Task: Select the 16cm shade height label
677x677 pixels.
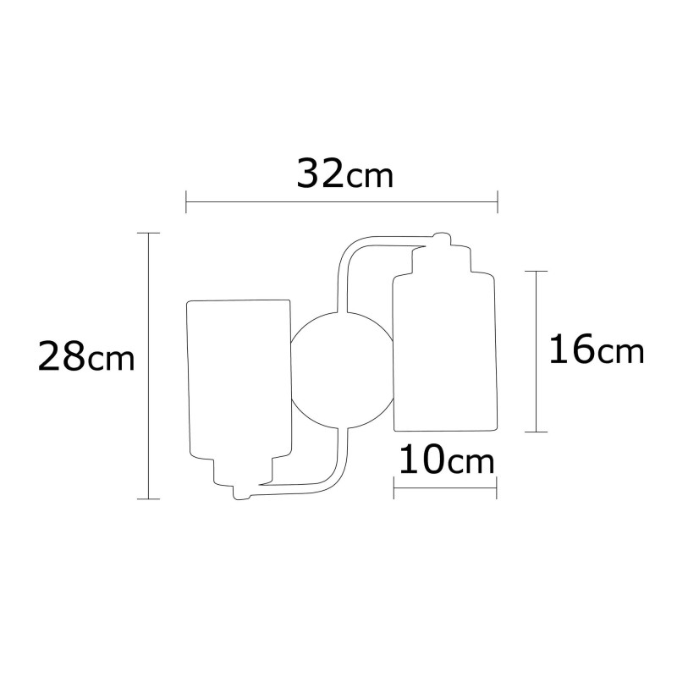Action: click(596, 350)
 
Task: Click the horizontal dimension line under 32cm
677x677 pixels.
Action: click(342, 202)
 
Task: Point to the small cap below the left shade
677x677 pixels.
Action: click(241, 491)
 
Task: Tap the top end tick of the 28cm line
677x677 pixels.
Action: click(149, 233)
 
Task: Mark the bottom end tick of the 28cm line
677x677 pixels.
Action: click(149, 499)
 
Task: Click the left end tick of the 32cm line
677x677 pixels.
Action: click(186, 202)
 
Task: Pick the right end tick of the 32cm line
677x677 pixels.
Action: click(498, 202)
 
